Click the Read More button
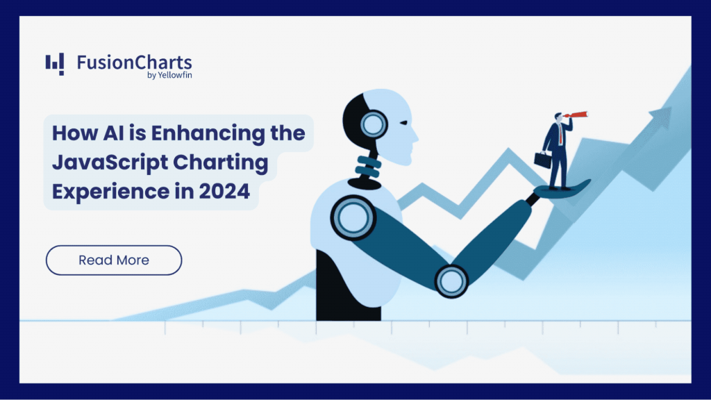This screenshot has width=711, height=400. pos(114,260)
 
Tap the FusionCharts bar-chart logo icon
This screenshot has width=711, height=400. pos(54,64)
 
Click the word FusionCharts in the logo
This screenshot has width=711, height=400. pos(134,62)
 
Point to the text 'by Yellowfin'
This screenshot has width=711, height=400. pos(169,75)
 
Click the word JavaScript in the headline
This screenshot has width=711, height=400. pos(110,162)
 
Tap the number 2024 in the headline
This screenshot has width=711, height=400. pos(224,191)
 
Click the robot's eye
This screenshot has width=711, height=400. pos(403,122)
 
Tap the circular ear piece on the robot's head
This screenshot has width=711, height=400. pos(373,125)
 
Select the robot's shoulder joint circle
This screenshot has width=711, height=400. pos(353,217)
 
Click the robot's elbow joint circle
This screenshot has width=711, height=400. pos(451,281)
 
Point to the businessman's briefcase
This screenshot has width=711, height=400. pos(543,159)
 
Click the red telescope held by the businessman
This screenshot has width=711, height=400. pos(576,115)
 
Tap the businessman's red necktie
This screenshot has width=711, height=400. pos(560,133)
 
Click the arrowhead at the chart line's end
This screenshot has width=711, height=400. pos(661,117)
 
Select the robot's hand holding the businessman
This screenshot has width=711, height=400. pos(561,190)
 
